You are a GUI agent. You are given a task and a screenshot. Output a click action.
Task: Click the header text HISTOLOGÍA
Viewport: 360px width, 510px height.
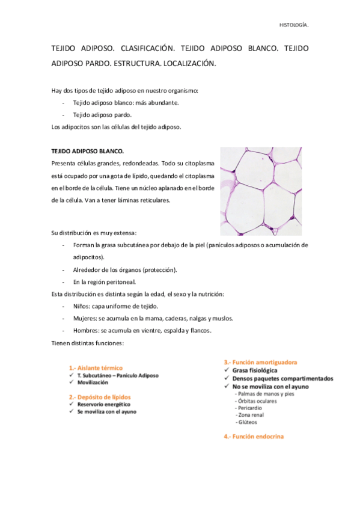click(x=294, y=25)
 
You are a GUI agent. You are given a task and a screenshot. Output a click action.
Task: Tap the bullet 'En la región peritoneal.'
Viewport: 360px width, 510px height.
click(x=105, y=281)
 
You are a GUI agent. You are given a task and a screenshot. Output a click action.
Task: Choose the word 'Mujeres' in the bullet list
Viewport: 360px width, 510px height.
click(x=85, y=318)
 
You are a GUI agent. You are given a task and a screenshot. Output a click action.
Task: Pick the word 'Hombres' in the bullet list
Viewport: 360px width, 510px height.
click(x=86, y=330)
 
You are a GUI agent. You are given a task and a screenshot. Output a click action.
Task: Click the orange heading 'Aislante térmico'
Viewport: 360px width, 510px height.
click(x=100, y=367)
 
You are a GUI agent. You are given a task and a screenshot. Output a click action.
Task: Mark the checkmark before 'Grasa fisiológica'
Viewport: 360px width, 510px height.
click(x=227, y=370)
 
